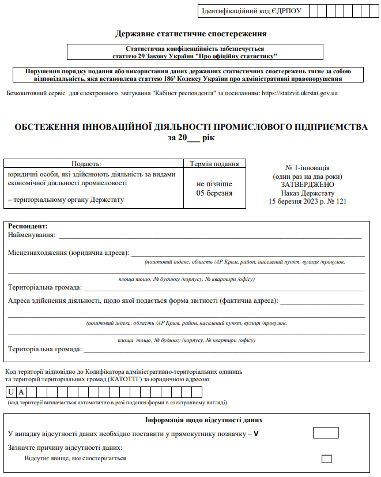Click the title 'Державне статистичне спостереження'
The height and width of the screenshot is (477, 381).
pos(191,35)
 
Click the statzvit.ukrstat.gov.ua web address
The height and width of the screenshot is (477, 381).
pos(299,93)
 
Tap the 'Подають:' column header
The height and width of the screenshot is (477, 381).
pos(86,164)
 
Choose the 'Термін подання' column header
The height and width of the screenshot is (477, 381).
pos(214,164)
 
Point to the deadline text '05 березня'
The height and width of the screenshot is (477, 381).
pos(214,193)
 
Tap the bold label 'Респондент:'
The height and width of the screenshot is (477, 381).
pos(28,226)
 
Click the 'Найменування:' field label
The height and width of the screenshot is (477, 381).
pos(32,235)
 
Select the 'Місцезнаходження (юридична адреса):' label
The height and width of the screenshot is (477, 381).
pos(69,253)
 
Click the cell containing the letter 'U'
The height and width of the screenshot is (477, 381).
pos(11,392)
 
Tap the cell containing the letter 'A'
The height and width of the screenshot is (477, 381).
pos(21,392)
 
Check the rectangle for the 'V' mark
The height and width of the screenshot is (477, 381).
pos(326,433)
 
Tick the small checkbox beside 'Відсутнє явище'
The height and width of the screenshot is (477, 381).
pos(327,459)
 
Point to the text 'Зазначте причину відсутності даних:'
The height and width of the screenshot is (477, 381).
pos(65,448)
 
